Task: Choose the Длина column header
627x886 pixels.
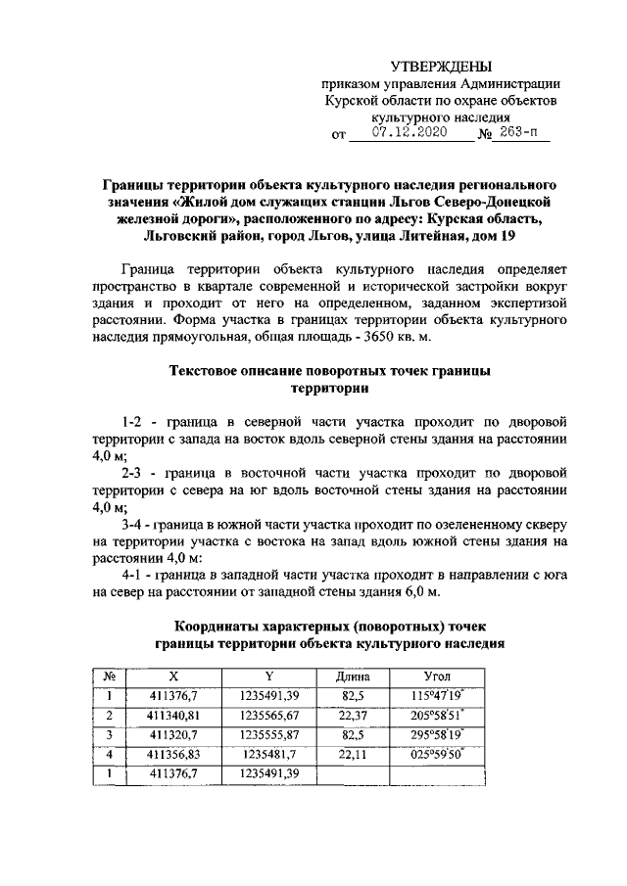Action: (352, 676)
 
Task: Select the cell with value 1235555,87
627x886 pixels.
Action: (267, 734)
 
